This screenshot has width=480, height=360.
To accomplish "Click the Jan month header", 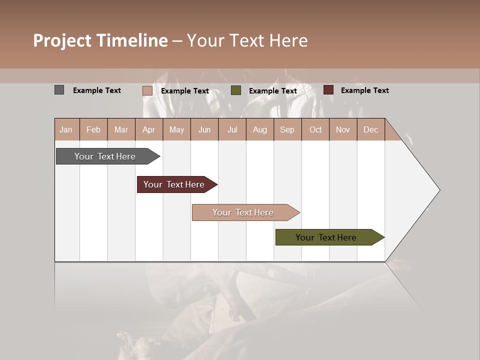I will coord(66,129).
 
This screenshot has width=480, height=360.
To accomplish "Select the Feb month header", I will coord(93,129).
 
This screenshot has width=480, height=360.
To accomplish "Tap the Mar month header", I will coord(121,129).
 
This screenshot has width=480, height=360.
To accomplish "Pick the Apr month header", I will coord(149,129).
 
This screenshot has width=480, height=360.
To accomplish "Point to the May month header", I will coord(176,129).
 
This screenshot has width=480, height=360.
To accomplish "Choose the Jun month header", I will coord(204,129).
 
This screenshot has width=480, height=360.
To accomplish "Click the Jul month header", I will coord(232,129).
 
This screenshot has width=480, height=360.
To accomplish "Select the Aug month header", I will coord(260,129).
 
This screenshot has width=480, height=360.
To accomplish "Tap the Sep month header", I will coord(287,129).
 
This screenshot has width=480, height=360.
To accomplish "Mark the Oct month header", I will coord(315,129).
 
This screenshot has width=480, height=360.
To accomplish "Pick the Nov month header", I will coord(343,129).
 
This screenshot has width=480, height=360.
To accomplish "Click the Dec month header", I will coord(371,129).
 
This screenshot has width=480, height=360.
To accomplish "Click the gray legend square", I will coord(59,90).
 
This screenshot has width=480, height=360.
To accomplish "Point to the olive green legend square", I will coord(236,90).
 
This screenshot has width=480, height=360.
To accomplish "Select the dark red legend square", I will coord(328,90).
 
